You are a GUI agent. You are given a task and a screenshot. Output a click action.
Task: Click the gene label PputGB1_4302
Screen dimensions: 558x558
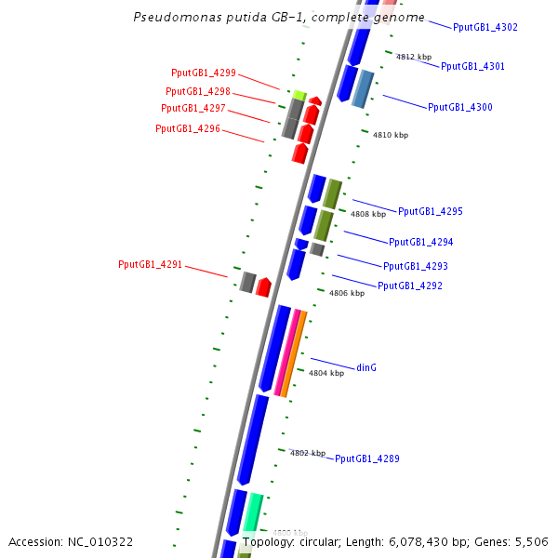coord(485,27)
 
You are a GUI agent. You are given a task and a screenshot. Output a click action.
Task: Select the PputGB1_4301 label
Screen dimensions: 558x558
coord(472,66)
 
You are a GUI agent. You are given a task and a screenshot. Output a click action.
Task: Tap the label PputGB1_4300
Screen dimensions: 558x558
coord(459,107)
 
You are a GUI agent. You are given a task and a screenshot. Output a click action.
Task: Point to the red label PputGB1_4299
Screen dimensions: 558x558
coord(204,73)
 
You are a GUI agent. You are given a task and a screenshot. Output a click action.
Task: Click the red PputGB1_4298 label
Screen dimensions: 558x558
coord(198,91)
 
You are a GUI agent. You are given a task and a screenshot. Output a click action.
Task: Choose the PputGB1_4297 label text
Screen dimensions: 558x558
coord(193,109)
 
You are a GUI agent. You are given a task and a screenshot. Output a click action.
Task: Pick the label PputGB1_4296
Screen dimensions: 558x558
coord(188,128)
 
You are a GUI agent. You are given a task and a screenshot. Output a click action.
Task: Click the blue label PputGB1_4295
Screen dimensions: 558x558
coord(430,211)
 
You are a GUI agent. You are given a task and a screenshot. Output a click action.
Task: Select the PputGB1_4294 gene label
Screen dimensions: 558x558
coord(420,242)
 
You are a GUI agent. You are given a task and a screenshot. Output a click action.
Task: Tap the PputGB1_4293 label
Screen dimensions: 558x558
coord(415,266)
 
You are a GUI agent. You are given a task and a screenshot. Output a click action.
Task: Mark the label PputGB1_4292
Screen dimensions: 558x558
coord(409,286)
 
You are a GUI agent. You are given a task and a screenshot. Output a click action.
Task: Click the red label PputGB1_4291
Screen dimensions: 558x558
coord(150,265)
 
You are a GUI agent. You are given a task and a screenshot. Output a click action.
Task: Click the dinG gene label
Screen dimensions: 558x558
coord(366,367)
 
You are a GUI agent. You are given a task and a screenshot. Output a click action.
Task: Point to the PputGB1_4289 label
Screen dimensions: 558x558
coord(366,458)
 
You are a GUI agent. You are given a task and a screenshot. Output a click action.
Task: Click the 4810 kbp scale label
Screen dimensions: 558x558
coord(391,135)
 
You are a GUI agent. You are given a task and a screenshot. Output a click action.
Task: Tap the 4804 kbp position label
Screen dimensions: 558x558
coord(326,373)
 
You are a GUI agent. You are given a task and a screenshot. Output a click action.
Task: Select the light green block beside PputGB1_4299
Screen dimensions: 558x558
coord(299,94)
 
